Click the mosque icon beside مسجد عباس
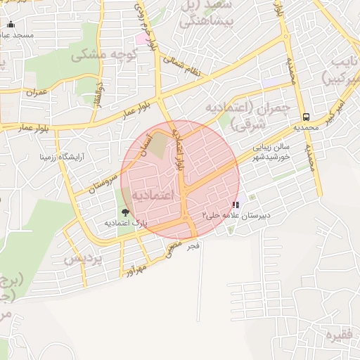point(9,25)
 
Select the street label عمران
point(36,92)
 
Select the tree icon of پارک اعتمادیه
point(125,211)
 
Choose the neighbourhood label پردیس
point(83,258)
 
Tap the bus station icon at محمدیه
point(306,117)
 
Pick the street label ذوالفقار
point(99,94)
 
